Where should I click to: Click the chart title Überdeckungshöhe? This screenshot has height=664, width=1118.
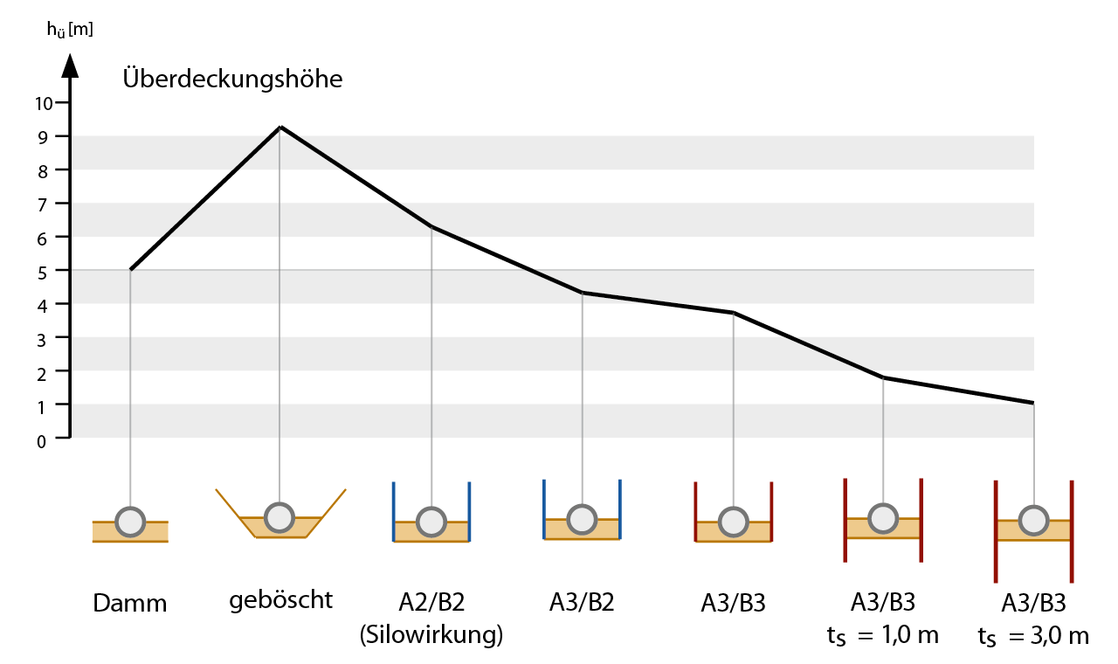(232, 80)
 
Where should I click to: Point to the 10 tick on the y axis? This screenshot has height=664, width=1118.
(45, 103)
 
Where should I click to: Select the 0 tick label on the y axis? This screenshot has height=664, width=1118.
(41, 441)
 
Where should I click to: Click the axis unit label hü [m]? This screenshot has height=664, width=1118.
(70, 29)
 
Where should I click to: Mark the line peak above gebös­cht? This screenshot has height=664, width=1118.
(280, 128)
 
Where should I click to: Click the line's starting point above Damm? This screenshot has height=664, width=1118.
(131, 269)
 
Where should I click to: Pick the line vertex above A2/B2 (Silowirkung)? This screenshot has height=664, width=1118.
(431, 227)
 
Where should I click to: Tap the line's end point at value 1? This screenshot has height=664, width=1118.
(1033, 403)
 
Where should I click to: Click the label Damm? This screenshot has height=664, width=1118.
(129, 603)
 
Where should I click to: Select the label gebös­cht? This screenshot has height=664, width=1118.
(281, 600)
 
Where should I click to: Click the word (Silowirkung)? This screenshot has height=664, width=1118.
(431, 635)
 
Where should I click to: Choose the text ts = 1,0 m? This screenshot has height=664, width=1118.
(882, 635)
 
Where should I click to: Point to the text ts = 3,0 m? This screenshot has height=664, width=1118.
(1033, 636)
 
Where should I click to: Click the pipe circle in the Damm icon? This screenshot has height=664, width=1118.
(131, 522)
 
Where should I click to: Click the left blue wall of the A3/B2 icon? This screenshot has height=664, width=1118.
(544, 509)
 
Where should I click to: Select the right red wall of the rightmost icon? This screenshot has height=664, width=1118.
(1072, 530)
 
